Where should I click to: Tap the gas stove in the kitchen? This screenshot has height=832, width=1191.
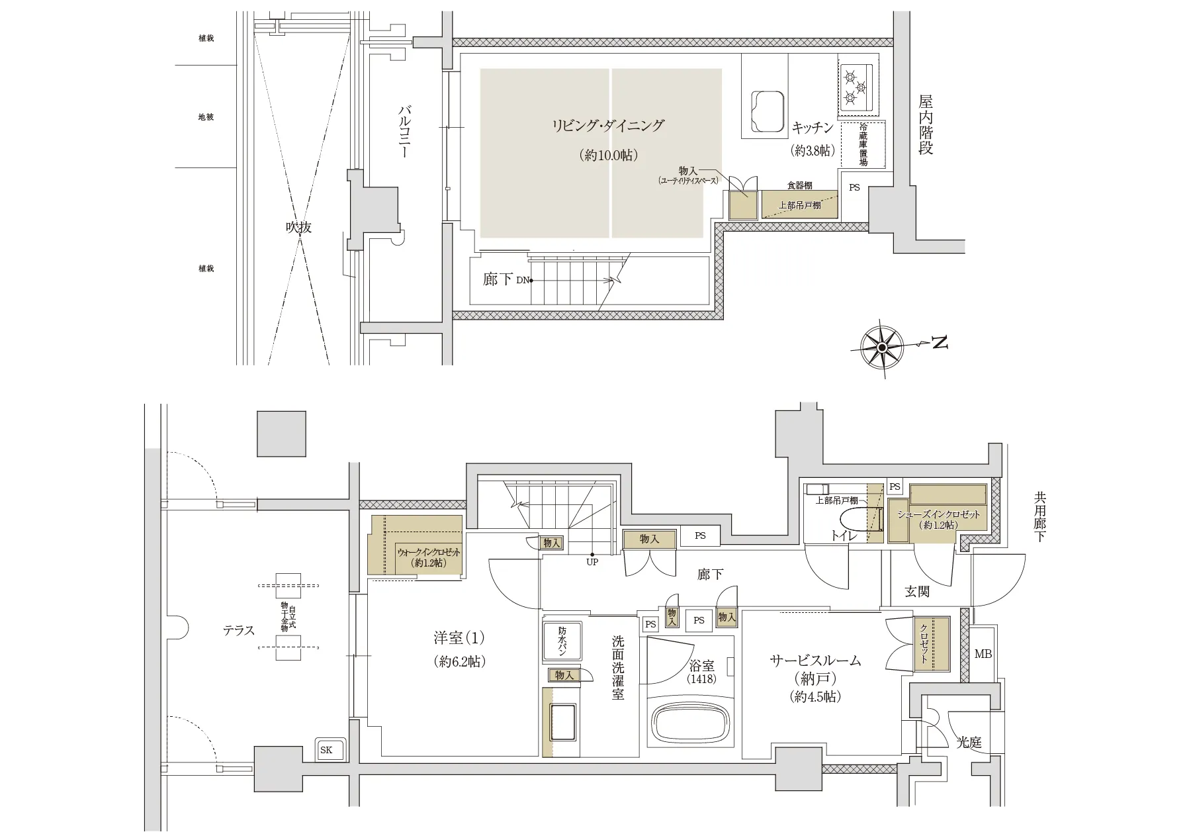[856, 86]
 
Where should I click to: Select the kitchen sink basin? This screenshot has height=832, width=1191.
[768, 110]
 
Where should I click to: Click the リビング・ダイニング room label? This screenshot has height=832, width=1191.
[607, 126]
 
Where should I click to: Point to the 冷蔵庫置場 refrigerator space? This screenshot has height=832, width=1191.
[863, 144]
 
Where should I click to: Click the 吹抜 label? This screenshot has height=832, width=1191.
[298, 227]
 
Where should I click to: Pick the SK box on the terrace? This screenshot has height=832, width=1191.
[327, 750]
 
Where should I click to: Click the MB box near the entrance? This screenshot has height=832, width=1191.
[983, 654]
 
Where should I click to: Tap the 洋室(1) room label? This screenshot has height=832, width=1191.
[459, 638]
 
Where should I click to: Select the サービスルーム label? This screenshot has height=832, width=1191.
[815, 660]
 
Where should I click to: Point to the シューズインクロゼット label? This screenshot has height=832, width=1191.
[938, 514]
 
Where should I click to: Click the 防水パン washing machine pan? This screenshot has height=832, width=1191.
[562, 641]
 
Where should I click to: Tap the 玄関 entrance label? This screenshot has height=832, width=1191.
[917, 591]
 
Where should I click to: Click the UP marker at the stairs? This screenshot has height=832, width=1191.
[592, 562]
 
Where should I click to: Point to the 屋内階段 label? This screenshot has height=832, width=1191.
[925, 125]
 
